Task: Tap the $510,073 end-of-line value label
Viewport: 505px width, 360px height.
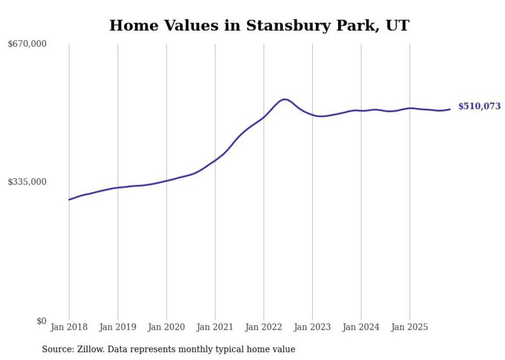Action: coord(479,107)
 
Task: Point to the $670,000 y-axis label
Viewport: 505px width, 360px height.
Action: coord(27,44)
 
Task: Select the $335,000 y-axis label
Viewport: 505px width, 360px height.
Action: coord(27,182)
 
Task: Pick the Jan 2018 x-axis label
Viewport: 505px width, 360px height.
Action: coord(69,328)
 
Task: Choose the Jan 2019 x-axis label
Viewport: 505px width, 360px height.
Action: coord(117,328)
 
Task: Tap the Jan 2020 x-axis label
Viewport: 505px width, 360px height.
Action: coord(166,328)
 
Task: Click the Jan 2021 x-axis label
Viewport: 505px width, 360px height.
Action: coord(215,328)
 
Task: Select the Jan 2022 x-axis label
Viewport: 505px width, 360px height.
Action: coord(264,328)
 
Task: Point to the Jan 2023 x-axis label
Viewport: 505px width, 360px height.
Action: coord(312,328)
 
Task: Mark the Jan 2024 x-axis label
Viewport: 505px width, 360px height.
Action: coord(361,328)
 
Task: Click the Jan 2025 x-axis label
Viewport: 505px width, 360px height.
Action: coord(410,328)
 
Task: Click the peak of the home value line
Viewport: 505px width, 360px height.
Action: coord(284,99)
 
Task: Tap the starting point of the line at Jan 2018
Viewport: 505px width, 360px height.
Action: coord(69,199)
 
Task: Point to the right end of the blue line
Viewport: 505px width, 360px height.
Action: coord(450,109)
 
